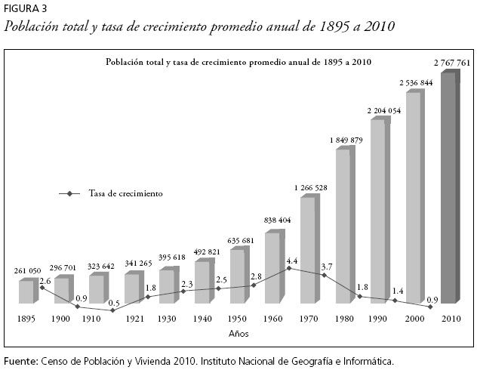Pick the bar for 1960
tap(272, 267)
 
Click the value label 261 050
tap(29, 270)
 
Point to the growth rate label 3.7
tap(327, 267)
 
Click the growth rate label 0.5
tap(114, 303)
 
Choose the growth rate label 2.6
tap(45, 281)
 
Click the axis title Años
tap(239, 333)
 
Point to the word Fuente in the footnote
tap(20, 361)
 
